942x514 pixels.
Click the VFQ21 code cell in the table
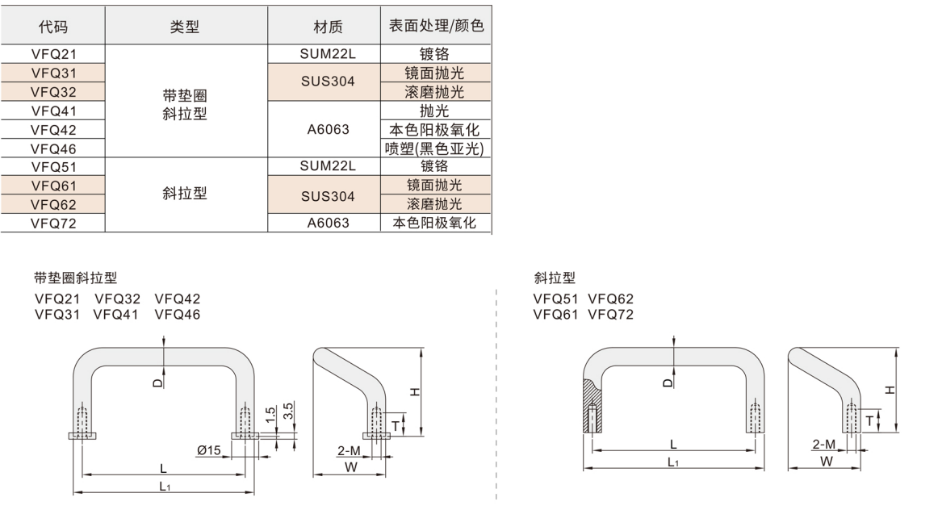coord(53,54)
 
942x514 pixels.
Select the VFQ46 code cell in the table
coord(53,148)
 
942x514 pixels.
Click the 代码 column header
coord(53,27)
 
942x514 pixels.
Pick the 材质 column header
coord(328,27)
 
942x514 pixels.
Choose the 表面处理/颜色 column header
coord(437,27)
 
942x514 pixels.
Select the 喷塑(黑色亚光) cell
coord(437,148)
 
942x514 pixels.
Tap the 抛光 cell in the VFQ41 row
coord(437,111)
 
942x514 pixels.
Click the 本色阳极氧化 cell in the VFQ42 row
coord(437,129)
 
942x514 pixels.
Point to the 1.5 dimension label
coord(270,412)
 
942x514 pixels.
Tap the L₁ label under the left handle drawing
coord(164,486)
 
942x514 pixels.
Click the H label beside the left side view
coord(415,392)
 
